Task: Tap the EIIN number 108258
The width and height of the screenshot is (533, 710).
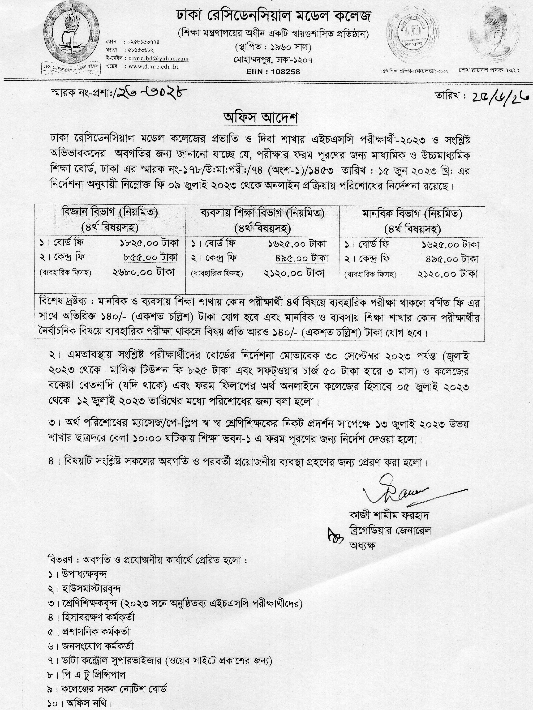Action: [x=273, y=72]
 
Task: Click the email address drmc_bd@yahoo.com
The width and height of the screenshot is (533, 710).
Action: [x=158, y=59]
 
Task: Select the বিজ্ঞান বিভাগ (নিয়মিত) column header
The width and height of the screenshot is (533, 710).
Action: [x=110, y=213]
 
